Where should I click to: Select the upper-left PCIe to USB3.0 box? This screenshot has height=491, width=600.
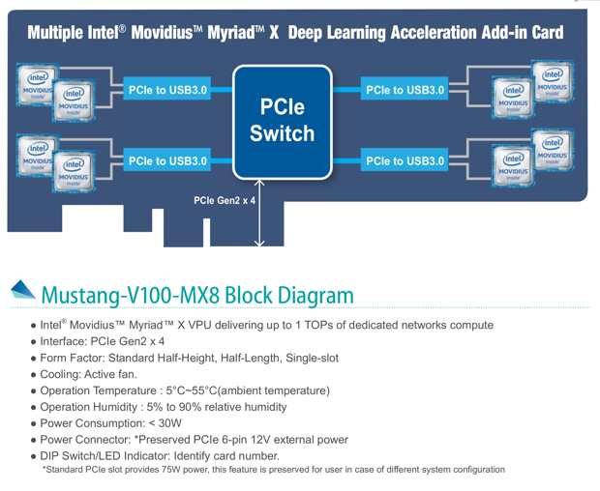click(x=166, y=90)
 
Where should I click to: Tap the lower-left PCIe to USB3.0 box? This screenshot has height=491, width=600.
click(x=166, y=159)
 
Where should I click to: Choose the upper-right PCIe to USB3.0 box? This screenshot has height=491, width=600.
click(x=405, y=90)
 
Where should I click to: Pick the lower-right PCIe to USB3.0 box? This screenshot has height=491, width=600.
click(x=405, y=159)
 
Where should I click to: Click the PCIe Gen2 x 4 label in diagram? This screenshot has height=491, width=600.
click(x=223, y=201)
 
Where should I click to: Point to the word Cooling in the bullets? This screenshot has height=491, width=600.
click(x=63, y=374)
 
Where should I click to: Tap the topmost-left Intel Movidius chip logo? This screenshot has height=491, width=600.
click(x=37, y=80)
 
